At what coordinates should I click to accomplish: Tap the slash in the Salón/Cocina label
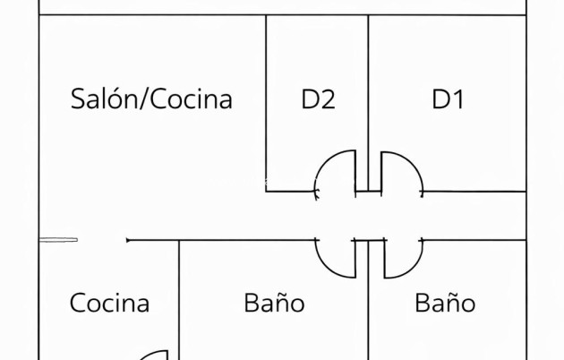(145, 99)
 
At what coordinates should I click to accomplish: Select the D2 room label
(318, 99)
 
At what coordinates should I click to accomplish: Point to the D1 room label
(448, 99)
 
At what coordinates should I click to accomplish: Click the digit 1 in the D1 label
(457, 99)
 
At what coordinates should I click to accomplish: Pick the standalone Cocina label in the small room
(109, 303)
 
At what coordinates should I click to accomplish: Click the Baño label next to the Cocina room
(274, 303)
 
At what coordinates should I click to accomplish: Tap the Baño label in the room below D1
(445, 303)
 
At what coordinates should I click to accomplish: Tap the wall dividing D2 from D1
(368, 90)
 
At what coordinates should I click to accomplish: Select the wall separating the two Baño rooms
(368, 313)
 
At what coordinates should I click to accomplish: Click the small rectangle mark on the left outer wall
(59, 239)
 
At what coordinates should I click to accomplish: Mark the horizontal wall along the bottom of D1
(474, 192)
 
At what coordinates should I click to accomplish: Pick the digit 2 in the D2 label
(328, 99)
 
